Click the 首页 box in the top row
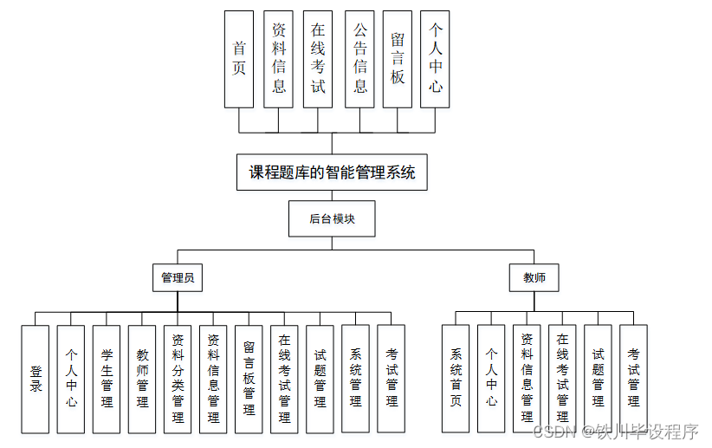(x=239, y=59)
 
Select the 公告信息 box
(x=359, y=59)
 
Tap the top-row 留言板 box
(x=397, y=59)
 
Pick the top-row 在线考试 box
(x=318, y=59)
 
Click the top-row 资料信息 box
(x=279, y=59)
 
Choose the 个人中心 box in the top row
(x=435, y=59)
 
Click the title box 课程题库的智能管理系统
(x=332, y=172)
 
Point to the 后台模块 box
(x=332, y=219)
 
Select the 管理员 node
(x=178, y=278)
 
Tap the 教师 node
(x=534, y=278)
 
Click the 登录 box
(x=36, y=379)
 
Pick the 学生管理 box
(x=107, y=379)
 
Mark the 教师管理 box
(x=142, y=379)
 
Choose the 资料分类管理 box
(x=178, y=379)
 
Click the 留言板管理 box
(x=249, y=379)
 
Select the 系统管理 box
(x=355, y=379)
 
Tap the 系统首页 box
(x=456, y=379)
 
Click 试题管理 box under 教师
(x=598, y=379)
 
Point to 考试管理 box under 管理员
(x=391, y=379)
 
